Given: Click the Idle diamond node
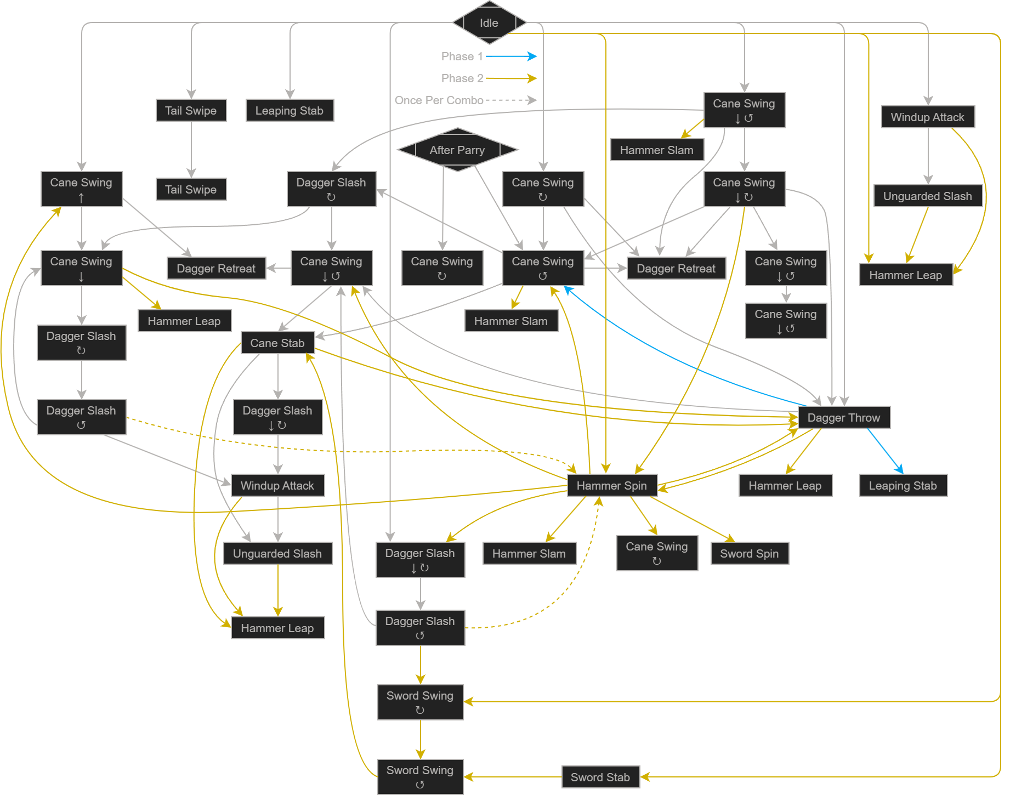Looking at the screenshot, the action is pos(489,22).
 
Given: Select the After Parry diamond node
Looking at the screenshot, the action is pos(457,150).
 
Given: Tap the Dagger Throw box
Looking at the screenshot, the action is pos(844,417).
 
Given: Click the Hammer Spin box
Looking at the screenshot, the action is pos(612,485).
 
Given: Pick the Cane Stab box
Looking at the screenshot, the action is pos(277,343).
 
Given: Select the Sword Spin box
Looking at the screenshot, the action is pos(750,553).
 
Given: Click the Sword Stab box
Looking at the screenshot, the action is pos(600,777).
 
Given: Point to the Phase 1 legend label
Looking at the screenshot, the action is pos(462,56).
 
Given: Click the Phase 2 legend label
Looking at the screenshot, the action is pos(462,78).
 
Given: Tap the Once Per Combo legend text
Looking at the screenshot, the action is pos(439,100).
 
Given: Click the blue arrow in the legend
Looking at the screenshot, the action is pos(511,56).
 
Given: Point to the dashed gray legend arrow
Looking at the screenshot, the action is pos(511,100).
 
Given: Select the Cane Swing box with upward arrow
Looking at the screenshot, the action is pos(82,189).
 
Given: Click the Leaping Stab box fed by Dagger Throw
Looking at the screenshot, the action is pos(903,485).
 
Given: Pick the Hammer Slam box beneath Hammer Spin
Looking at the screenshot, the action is pos(529,553).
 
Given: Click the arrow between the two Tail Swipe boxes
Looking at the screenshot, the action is pos(191,150).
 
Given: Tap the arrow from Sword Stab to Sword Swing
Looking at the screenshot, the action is pos(513,777).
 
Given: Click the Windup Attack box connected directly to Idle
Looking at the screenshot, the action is pos(928,117).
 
